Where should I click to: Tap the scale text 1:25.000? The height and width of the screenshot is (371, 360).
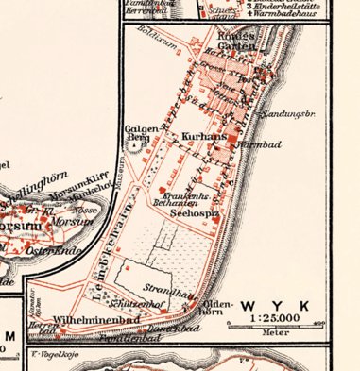point(278,320)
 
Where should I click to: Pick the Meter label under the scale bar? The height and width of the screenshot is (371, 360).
point(278,331)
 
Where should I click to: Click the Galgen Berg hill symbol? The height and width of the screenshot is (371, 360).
point(147,146)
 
